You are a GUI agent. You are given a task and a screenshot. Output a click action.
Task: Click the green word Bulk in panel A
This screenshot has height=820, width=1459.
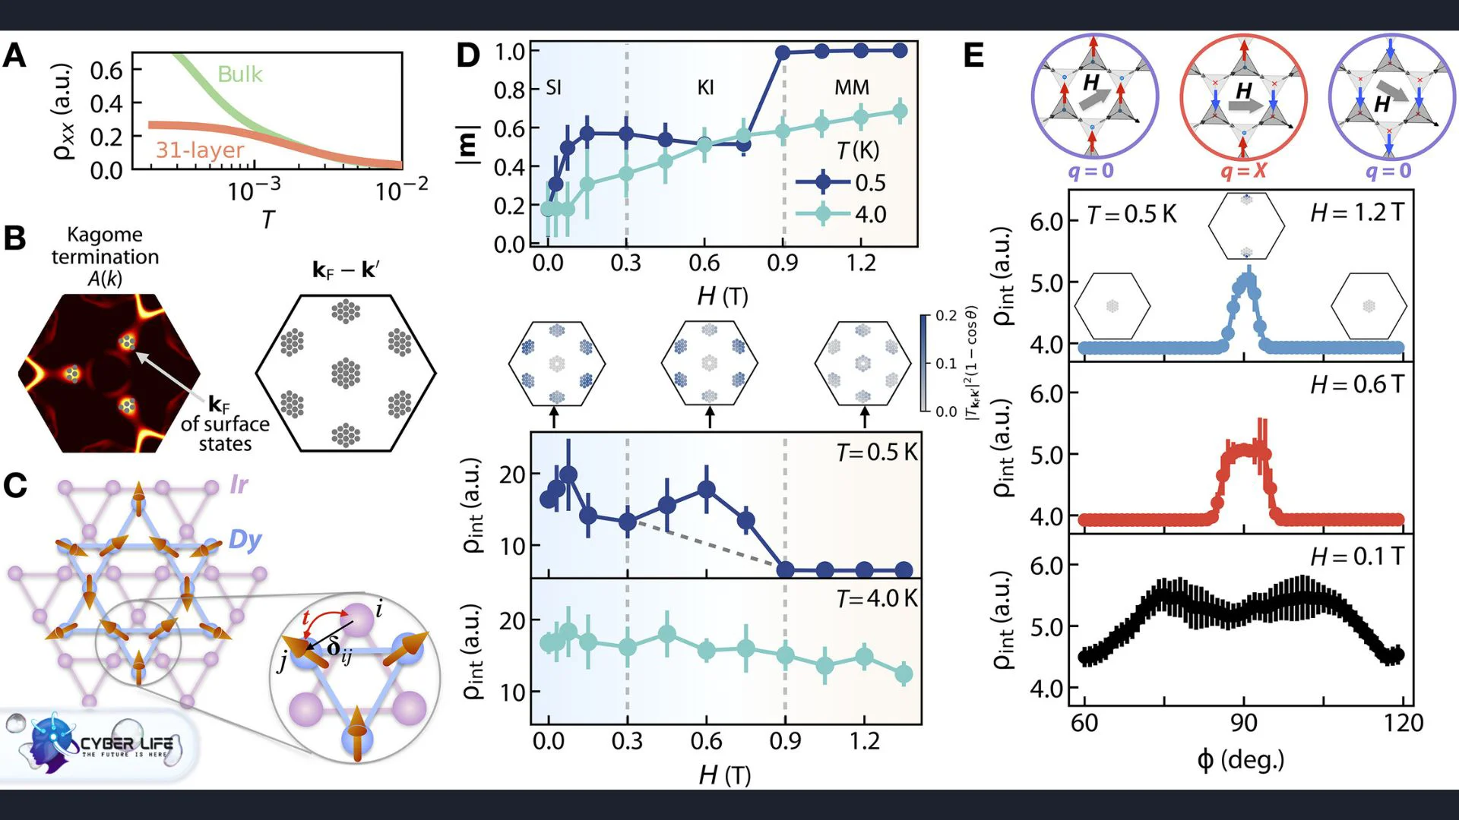[x=240, y=74]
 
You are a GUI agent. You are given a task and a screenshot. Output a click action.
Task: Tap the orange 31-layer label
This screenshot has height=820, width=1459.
[x=200, y=150]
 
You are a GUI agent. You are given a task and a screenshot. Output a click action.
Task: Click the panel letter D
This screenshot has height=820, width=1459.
[x=468, y=55]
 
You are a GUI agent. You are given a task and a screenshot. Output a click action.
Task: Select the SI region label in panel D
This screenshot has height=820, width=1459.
[x=553, y=87]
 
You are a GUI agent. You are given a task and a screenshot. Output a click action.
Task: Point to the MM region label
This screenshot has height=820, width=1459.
[x=852, y=87]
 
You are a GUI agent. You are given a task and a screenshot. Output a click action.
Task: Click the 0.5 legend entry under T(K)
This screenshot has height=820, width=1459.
[x=870, y=183]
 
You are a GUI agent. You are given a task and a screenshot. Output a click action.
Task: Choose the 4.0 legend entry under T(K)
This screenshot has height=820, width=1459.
[x=870, y=215]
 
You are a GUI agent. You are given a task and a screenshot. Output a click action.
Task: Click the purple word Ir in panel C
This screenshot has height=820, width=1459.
[x=239, y=484]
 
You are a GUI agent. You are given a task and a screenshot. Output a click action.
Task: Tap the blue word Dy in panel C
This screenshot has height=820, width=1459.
[x=245, y=540]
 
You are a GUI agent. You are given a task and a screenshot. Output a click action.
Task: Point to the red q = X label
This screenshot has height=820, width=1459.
[x=1243, y=170]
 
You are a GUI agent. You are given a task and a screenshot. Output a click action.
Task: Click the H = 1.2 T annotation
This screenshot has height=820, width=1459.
[x=1357, y=213]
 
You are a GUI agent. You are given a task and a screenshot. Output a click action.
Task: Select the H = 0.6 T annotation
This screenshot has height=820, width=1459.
[x=1357, y=385]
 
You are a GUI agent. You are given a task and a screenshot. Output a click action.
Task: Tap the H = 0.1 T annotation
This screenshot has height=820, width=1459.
[x=1357, y=557]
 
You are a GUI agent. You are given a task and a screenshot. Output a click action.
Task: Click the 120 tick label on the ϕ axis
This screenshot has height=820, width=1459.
[x=1403, y=723]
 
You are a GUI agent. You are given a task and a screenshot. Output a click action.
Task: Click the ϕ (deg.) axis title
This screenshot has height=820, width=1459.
[x=1241, y=759]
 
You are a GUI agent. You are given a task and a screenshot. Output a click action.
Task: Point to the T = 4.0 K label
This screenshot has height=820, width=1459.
[x=877, y=599]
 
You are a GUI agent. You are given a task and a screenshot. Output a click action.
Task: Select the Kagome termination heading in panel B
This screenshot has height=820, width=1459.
[x=105, y=245]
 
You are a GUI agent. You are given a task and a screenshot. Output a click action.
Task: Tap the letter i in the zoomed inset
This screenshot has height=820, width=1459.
[x=378, y=608]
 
